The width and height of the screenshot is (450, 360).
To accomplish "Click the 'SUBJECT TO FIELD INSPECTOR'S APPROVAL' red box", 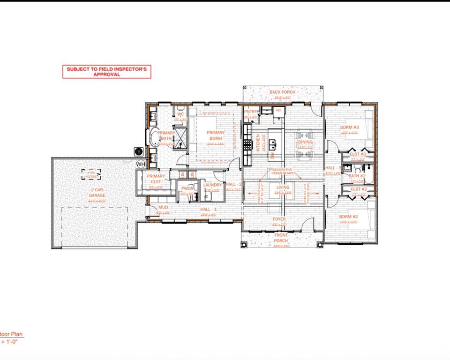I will click(107, 71).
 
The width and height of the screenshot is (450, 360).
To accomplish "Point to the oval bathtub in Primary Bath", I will click(154, 138).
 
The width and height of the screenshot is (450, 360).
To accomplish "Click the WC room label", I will click(180, 114).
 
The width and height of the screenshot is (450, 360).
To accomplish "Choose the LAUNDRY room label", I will click(212, 185).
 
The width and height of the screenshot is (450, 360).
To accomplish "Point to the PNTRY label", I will click(250, 112).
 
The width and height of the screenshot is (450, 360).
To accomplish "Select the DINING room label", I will click(305, 142).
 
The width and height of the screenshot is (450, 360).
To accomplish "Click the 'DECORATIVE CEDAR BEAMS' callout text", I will click(282, 172).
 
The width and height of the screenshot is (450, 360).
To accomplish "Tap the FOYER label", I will click(279, 219).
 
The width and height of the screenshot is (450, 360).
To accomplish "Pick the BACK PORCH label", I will click(282, 92).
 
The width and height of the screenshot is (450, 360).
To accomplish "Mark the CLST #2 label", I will click(358, 189).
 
